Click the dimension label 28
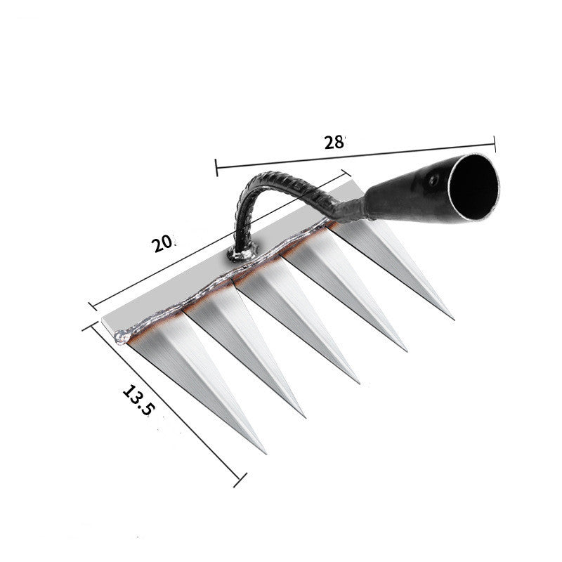[335, 142]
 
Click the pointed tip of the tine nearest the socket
[452, 318]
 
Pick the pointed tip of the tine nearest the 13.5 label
[264, 452]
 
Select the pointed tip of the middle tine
[359, 382]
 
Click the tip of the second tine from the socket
[405, 349]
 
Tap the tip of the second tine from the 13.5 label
[304, 416]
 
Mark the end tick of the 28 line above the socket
[495, 144]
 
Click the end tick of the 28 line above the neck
[216, 168]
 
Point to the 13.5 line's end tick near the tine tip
[243, 480]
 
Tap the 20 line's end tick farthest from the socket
[92, 306]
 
